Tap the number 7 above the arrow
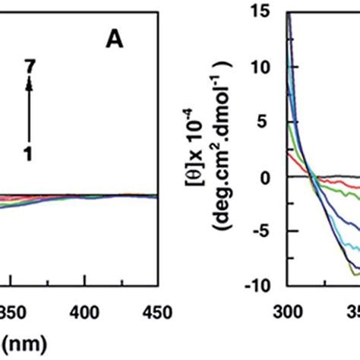(29, 68)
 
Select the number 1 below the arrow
(29, 153)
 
